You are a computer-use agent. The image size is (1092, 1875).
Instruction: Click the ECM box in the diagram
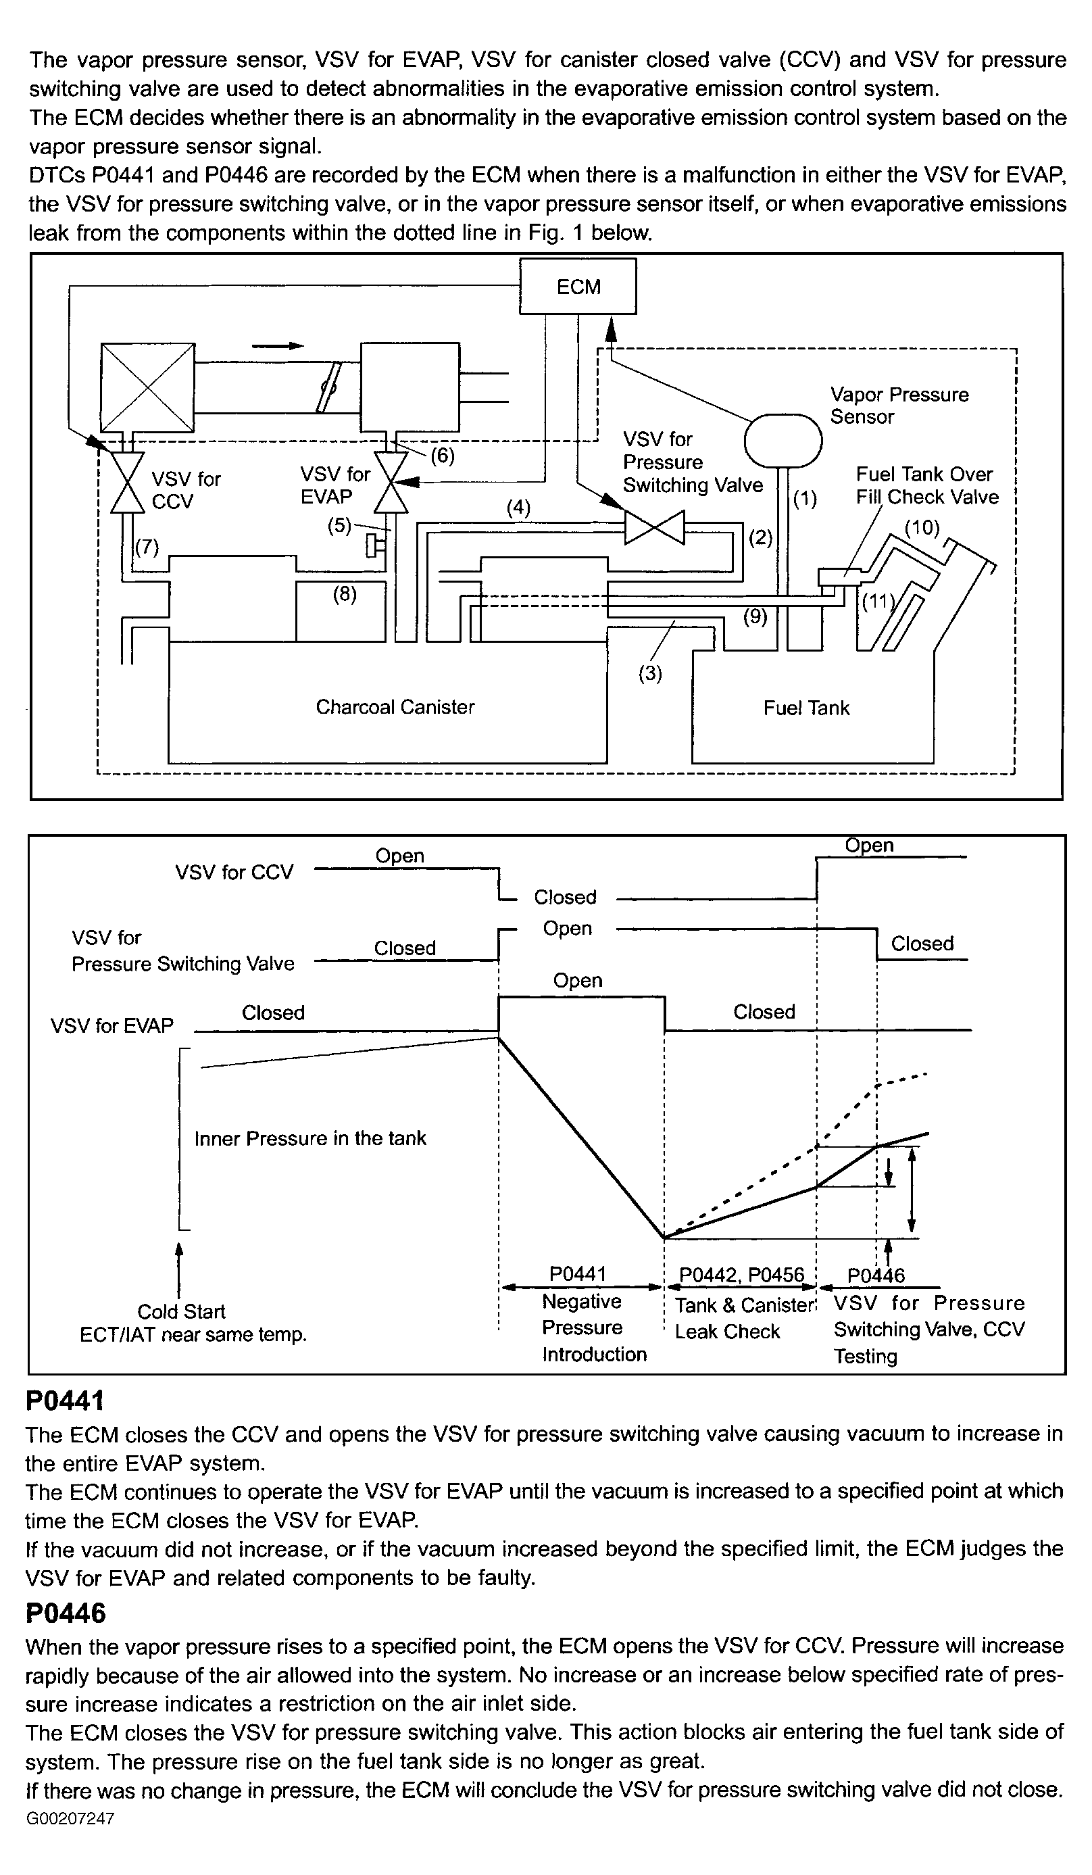coord(577,287)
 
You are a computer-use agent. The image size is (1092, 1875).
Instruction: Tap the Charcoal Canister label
coord(395,707)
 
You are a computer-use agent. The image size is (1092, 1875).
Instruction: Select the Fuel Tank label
coord(805,708)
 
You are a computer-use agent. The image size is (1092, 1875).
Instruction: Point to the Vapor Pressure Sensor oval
coord(783,441)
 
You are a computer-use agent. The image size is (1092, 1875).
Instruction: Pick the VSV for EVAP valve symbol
coord(391,483)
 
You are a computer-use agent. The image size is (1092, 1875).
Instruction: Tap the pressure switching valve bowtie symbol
coord(655,527)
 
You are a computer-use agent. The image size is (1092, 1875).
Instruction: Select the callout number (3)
coord(650,673)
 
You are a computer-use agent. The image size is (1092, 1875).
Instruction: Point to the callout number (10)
coord(922,527)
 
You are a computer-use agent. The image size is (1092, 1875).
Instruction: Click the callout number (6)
coord(443,456)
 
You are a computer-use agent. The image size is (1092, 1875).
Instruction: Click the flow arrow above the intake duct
coord(278,346)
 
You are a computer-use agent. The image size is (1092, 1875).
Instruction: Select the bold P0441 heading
coord(65,1401)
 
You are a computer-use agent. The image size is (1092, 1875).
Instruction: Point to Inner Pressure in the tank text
coord(310,1138)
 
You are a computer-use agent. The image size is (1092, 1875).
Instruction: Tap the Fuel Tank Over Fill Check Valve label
coord(926,485)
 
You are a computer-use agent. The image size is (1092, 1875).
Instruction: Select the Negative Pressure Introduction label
coord(593,1328)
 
